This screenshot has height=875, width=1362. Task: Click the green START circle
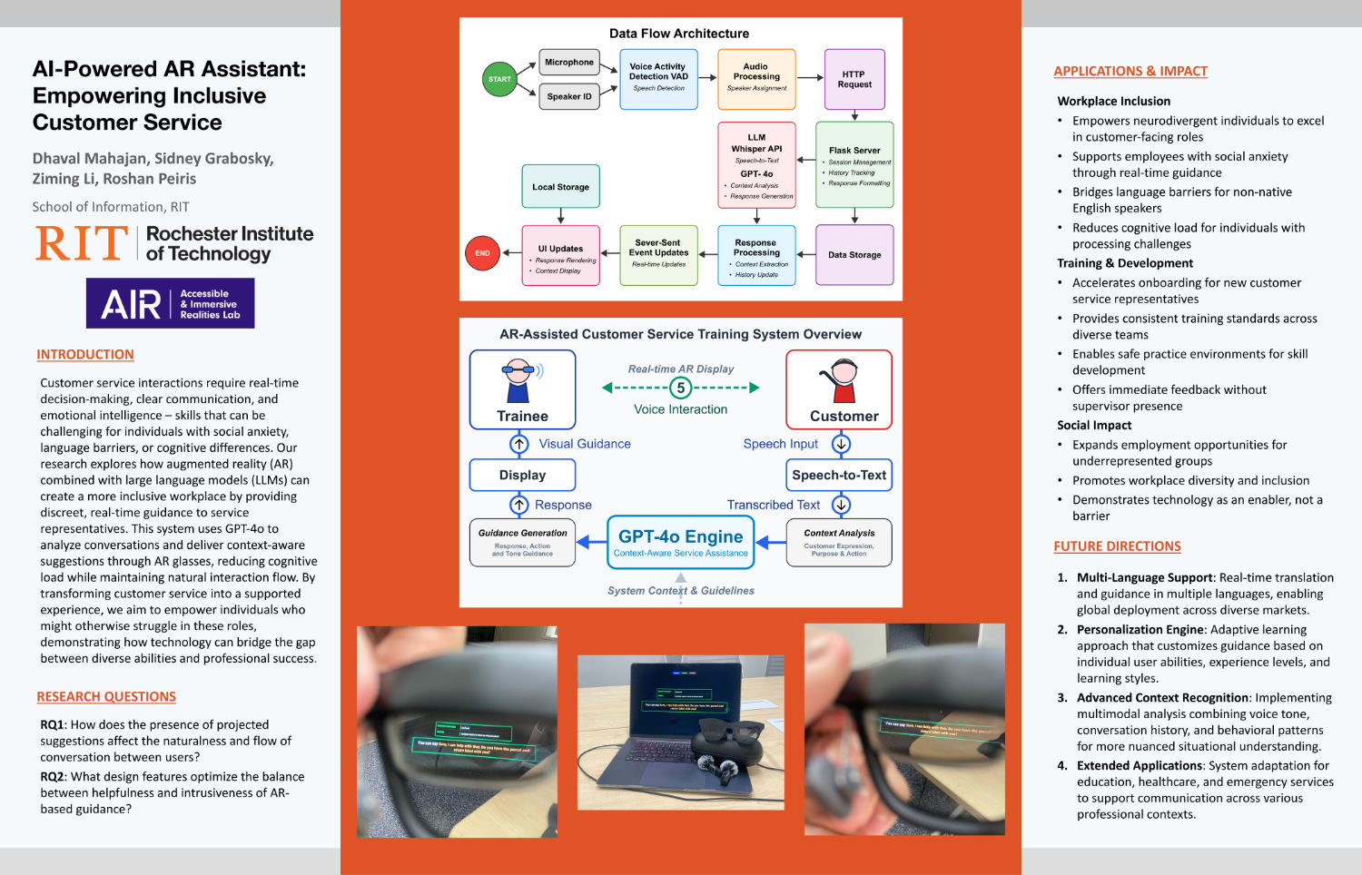[499, 79]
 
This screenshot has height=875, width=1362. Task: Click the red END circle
[482, 253]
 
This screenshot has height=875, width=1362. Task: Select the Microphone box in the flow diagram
[569, 63]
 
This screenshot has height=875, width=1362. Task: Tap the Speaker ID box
[569, 96]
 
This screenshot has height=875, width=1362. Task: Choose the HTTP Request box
[854, 79]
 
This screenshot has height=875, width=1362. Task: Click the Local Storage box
[560, 186]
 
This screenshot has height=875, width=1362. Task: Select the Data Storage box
[854, 255]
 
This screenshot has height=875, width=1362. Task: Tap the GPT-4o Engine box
[680, 542]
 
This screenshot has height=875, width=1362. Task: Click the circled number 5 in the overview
[680, 388]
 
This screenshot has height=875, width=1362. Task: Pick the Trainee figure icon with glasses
[518, 380]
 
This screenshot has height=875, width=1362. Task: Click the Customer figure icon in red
[843, 380]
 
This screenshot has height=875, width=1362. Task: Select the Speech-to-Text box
[838, 475]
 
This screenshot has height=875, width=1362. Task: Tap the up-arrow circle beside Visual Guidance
[518, 444]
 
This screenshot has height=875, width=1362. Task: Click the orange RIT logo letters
[82, 244]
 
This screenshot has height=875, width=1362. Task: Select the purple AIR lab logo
[170, 303]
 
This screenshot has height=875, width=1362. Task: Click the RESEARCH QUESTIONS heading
[106, 697]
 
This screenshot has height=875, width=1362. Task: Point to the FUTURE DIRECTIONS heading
[1117, 546]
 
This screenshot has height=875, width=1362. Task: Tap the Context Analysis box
[838, 542]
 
